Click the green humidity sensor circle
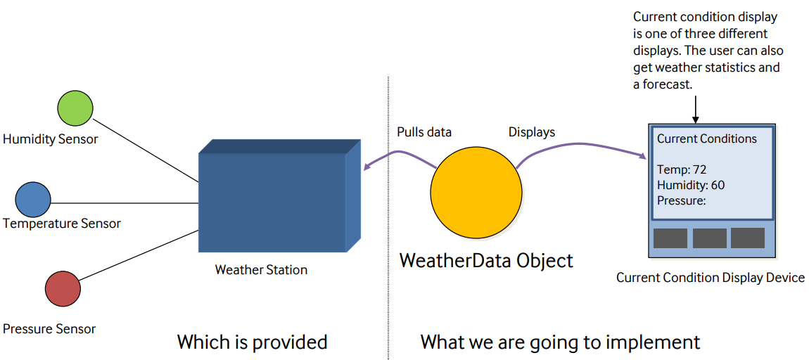pyautogui.click(x=75, y=108)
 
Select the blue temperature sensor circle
pyautogui.click(x=33, y=199)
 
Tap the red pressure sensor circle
pyautogui.click(x=63, y=289)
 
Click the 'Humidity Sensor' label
pyautogui.click(x=51, y=139)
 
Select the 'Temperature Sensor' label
pyautogui.click(x=62, y=224)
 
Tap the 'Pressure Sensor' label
pyautogui.click(x=49, y=328)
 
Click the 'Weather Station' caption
pyautogui.click(x=261, y=269)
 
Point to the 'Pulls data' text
pyautogui.click(x=424, y=132)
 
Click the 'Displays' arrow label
pyautogui.click(x=532, y=132)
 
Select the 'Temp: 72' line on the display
pyautogui.click(x=681, y=169)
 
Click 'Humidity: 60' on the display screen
pyautogui.click(x=691, y=185)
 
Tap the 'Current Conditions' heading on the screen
pyautogui.click(x=706, y=139)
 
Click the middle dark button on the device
pyautogui.click(x=709, y=238)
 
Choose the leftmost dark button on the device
pyautogui.click(x=670, y=238)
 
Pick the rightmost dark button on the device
pyautogui.click(x=747, y=238)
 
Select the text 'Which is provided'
pyautogui.click(x=252, y=342)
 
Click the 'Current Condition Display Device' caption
pyautogui.click(x=710, y=278)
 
